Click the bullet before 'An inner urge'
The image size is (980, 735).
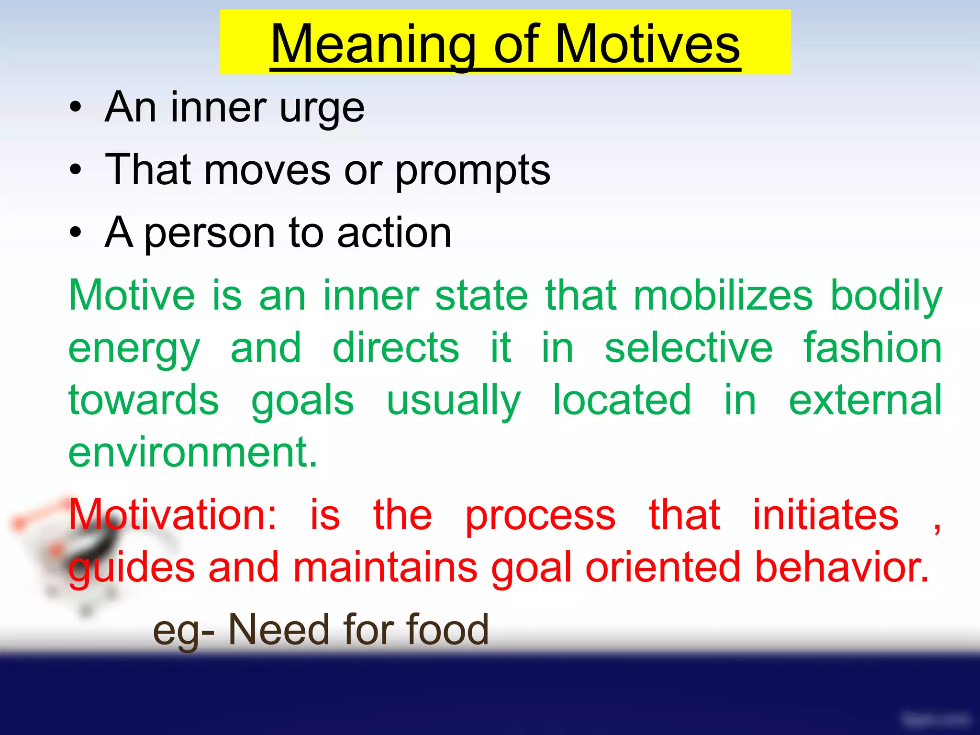[76, 107]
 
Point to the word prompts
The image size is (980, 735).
[473, 171]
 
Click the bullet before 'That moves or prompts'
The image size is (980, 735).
[76, 169]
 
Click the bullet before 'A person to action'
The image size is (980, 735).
[76, 232]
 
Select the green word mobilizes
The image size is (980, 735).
[723, 295]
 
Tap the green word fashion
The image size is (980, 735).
[872, 348]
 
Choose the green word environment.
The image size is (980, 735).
[193, 453]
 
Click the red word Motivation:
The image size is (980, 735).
[172, 515]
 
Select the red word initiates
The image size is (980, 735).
[825, 515]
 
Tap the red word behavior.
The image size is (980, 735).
[842, 568]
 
